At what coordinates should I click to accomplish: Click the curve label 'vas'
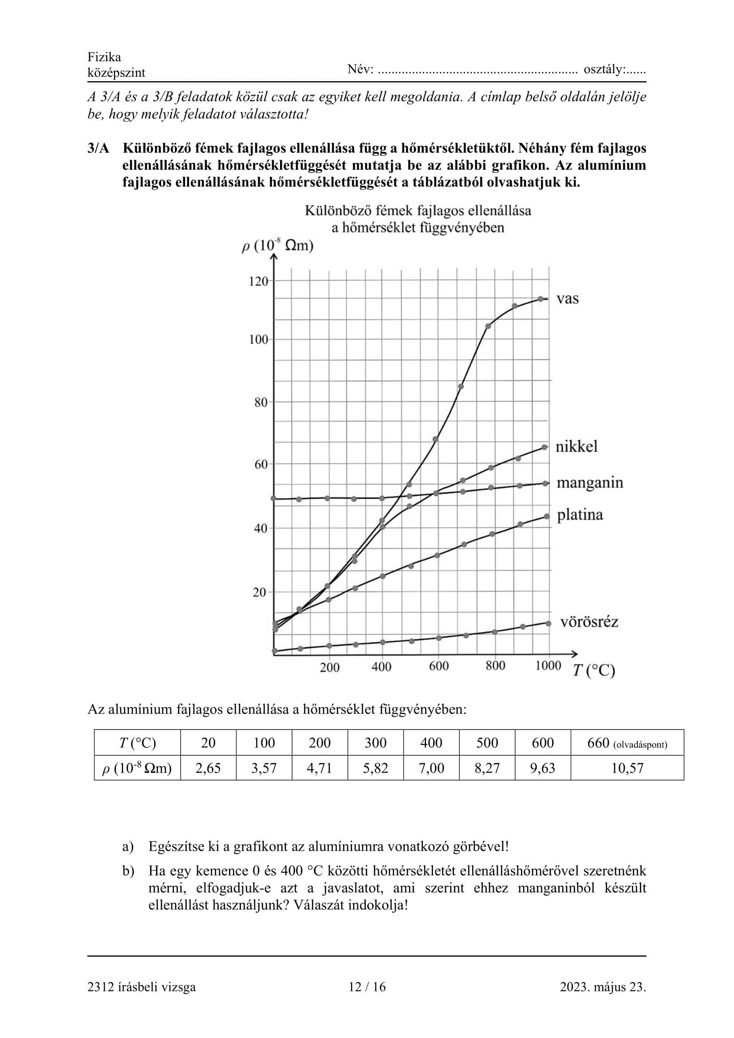[567, 299]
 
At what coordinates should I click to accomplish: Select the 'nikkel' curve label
[576, 447]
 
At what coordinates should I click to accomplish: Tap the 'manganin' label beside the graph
[590, 483]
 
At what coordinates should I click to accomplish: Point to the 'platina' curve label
[580, 515]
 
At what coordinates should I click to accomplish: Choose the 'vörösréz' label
[589, 622]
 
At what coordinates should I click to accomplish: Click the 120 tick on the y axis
[259, 281]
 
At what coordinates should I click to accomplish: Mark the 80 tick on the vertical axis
[261, 403]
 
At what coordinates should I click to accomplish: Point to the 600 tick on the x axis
[438, 666]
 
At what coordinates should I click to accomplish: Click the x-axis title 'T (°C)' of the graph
[594, 671]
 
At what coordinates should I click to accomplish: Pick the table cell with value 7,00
[431, 768]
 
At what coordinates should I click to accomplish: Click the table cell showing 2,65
[208, 768]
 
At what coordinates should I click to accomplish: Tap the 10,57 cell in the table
[627, 768]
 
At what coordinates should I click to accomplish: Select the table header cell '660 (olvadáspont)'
[627, 743]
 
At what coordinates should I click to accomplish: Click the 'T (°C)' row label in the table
[138, 743]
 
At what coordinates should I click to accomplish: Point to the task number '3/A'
[99, 148]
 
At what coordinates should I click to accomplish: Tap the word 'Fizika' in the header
[104, 57]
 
